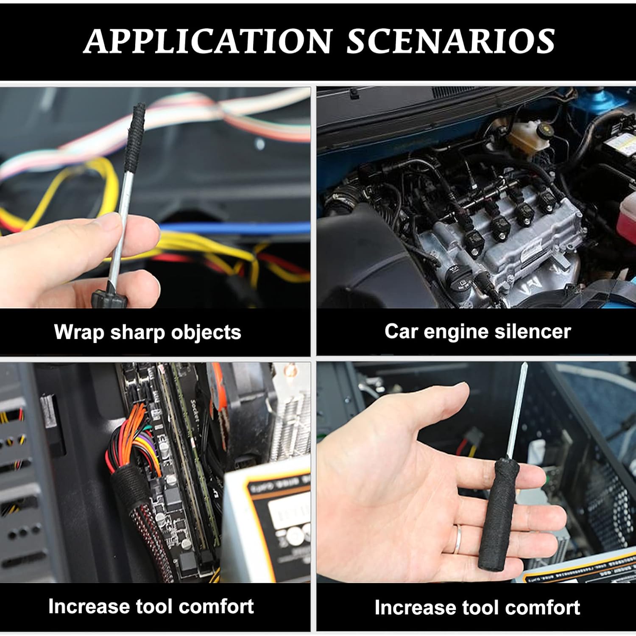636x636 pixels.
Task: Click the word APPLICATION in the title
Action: click(208, 41)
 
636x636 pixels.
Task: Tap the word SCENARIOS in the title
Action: click(451, 41)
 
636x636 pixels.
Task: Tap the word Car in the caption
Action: click(401, 331)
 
